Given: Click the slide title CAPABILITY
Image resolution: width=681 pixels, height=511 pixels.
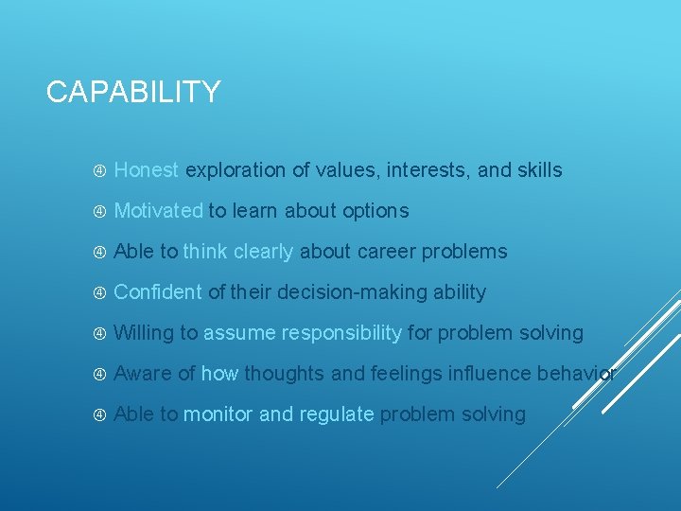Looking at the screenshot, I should click(x=133, y=92).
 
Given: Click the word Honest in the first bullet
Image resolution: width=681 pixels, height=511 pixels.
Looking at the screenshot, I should click(x=146, y=170).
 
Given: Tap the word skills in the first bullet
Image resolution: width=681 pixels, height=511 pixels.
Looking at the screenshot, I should click(x=539, y=170).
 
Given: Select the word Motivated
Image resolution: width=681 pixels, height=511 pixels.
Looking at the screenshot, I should click(x=158, y=211).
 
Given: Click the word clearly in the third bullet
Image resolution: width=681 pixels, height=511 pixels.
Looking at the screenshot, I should click(x=264, y=252).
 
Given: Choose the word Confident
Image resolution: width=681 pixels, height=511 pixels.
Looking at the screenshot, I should click(x=158, y=292).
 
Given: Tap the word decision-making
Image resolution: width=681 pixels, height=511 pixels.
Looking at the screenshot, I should click(x=340, y=292).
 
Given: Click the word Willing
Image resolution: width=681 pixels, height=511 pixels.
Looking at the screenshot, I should click(x=144, y=333).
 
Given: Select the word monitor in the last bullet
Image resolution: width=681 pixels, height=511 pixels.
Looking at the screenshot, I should click(x=218, y=414).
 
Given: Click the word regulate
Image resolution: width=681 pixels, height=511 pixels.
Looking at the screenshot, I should click(x=336, y=414).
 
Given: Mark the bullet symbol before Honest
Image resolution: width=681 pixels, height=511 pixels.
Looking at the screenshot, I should click(x=99, y=171).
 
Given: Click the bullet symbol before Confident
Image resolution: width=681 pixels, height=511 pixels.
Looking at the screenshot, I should click(x=99, y=293).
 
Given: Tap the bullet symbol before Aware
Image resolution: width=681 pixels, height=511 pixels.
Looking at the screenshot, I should click(x=99, y=375).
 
